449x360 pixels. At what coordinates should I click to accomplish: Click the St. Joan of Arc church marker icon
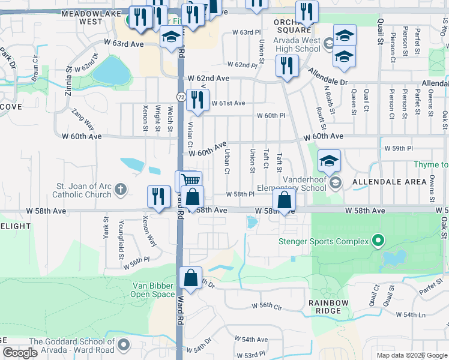click(121, 190)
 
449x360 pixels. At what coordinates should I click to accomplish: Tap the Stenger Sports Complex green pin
click(378, 242)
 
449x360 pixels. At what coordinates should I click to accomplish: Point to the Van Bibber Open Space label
click(154, 290)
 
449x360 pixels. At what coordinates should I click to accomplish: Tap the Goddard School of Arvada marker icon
click(124, 345)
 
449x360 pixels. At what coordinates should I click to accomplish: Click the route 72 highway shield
click(181, 97)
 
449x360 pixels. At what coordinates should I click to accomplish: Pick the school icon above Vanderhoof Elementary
click(329, 161)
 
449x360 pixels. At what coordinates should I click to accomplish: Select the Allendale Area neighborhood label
click(381, 181)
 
